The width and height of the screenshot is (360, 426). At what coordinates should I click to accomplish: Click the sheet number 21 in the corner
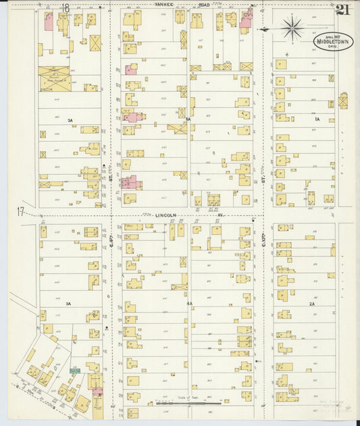(342, 9)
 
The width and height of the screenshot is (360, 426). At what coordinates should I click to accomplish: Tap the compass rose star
(292, 28)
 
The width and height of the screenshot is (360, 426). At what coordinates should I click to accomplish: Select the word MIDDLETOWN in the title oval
(332, 42)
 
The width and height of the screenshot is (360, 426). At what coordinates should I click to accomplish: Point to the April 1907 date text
(332, 36)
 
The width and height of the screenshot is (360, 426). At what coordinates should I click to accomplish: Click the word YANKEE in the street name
(164, 5)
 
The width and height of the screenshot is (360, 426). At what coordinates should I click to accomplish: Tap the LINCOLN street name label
(165, 215)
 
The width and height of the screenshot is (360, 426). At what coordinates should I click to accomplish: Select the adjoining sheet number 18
(66, 8)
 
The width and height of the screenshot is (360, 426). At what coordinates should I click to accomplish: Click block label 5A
(189, 119)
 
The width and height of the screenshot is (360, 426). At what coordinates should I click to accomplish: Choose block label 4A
(190, 303)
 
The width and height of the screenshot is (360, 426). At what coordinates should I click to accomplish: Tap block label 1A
(317, 119)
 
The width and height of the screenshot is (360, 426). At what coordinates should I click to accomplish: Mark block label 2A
(312, 304)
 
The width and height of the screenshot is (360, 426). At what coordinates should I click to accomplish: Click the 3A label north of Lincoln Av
(70, 120)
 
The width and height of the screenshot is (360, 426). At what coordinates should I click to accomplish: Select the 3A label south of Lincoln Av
(68, 304)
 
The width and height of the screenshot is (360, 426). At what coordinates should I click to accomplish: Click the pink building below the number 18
(49, 21)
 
